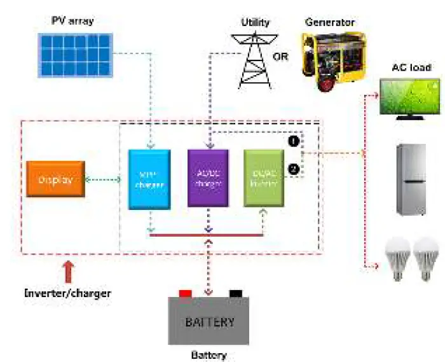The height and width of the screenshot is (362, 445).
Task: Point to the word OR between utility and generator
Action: [280, 56]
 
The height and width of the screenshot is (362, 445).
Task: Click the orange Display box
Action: [55, 179]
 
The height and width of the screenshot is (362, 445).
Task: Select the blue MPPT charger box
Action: [149, 179]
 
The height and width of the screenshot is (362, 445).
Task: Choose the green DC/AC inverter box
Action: [264, 178]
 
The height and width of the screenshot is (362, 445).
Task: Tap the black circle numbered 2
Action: [293, 169]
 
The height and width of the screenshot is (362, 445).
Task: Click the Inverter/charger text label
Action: [67, 293]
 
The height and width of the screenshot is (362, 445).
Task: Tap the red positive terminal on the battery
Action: [186, 293]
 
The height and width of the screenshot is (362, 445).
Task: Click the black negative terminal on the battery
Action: [236, 293]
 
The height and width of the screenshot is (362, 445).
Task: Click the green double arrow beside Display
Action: [102, 180]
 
